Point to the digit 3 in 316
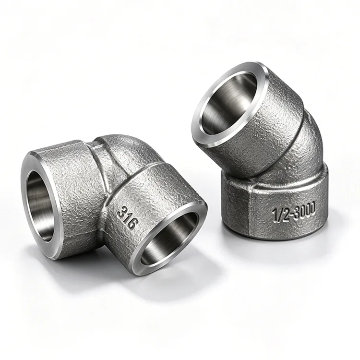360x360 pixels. tap(121, 212)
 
